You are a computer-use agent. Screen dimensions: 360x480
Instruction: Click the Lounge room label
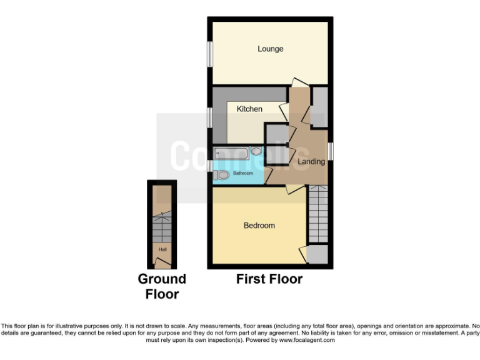click(x=270, y=49)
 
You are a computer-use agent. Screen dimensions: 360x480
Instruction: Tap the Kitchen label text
click(x=249, y=109)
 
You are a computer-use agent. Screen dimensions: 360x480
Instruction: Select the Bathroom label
click(x=243, y=172)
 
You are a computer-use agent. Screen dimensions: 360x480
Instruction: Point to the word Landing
click(x=311, y=162)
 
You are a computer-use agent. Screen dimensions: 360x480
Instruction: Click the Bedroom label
click(x=259, y=226)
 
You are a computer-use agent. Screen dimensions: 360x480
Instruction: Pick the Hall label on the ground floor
click(x=162, y=249)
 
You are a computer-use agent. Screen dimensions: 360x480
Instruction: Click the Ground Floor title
click(x=162, y=286)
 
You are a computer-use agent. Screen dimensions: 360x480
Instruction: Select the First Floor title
click(x=269, y=279)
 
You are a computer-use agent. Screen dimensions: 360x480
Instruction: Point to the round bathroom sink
click(x=256, y=151)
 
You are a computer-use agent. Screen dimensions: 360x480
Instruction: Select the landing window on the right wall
click(x=331, y=151)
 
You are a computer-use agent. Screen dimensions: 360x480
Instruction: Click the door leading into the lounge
click(x=299, y=82)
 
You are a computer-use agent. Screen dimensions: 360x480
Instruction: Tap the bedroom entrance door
click(x=294, y=188)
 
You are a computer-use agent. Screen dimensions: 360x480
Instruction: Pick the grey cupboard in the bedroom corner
click(x=318, y=254)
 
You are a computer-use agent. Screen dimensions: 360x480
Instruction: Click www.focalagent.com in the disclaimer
click(x=307, y=341)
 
